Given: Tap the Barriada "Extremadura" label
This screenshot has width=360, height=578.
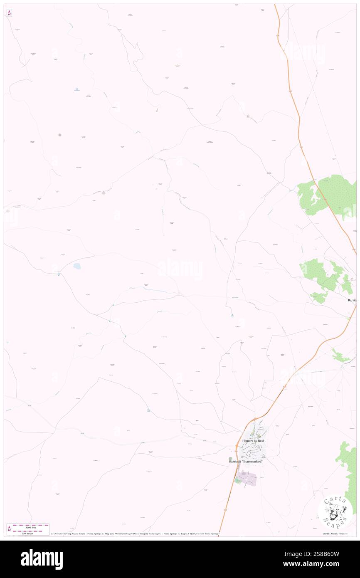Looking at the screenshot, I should click(246, 462).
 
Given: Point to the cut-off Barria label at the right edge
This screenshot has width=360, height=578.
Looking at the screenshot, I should click(352, 300).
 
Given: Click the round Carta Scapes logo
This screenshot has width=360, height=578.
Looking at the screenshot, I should click(335, 512).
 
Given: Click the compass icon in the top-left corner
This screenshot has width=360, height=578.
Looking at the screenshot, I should click(9, 13).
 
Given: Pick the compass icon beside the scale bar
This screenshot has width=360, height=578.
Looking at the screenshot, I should click(9, 529).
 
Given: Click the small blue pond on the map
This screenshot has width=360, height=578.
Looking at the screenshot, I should click(77, 265).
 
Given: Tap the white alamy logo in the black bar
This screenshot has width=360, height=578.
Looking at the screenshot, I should click(42, 559).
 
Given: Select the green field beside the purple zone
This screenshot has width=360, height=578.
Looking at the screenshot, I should click(237, 480).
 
